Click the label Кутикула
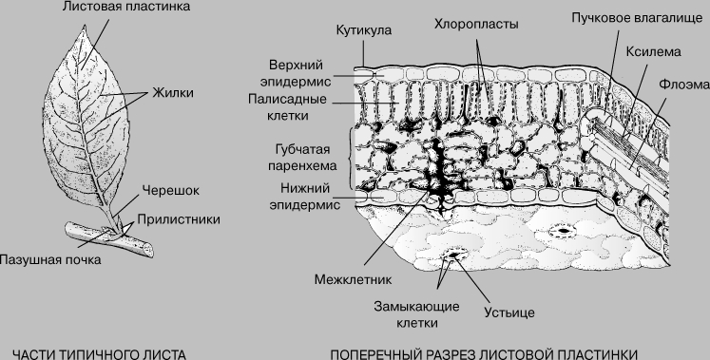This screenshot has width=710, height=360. click(x=364, y=30)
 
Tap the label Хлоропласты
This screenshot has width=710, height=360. click(x=476, y=24)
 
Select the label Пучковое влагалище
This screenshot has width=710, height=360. click(x=637, y=19)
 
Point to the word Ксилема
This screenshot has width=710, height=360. click(x=653, y=52)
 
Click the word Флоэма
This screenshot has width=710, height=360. click(x=683, y=85)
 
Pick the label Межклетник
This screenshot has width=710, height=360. click(x=354, y=279)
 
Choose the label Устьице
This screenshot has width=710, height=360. click(x=509, y=313)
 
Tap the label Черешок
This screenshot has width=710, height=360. click(x=171, y=190)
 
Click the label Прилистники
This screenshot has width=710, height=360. click(x=179, y=219)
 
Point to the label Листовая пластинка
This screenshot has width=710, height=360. click(x=126, y=7)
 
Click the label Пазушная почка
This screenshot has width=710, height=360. click(x=50, y=260)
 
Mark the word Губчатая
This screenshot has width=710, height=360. click(x=302, y=149)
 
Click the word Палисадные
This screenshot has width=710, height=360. click(x=287, y=99)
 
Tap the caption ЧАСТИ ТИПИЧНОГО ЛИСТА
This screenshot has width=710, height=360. click(x=99, y=354)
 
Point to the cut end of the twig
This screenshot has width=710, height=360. click(x=148, y=250)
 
